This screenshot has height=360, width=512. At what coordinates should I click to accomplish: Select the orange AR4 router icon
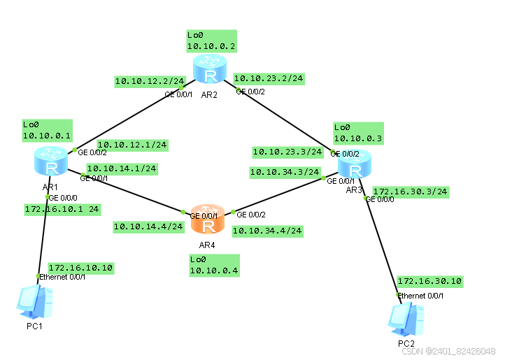click(x=208, y=219)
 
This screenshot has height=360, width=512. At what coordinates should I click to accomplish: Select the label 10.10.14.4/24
click(x=148, y=226)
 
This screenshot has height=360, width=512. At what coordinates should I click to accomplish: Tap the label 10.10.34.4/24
click(x=267, y=230)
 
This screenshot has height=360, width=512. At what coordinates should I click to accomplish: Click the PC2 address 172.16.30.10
click(x=429, y=281)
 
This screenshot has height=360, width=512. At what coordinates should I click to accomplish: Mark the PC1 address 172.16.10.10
click(x=80, y=268)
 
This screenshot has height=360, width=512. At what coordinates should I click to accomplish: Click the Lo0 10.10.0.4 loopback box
click(x=214, y=265)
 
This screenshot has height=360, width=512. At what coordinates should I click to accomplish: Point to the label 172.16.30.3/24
click(x=411, y=191)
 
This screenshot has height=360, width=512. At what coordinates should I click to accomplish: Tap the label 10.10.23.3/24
click(x=287, y=151)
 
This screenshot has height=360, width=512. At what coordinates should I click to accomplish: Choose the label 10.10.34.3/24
click(x=285, y=171)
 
